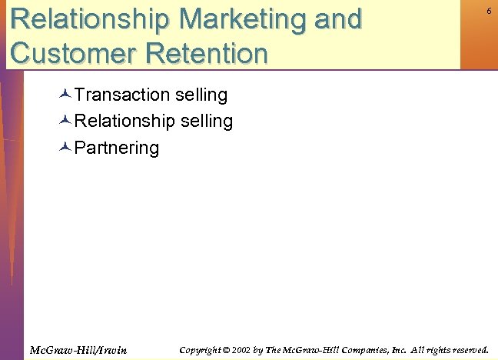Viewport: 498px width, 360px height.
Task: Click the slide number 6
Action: pyautogui.click(x=489, y=11)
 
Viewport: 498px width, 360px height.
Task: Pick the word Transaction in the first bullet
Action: pyautogui.click(x=122, y=95)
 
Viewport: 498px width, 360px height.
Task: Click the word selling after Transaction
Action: pyautogui.click(x=201, y=95)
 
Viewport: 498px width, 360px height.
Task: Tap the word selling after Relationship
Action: pyautogui.click(x=207, y=121)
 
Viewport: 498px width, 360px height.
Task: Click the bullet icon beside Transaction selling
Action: pyautogui.click(x=65, y=95)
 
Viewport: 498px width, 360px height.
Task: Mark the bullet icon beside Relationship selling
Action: pyautogui.click(x=65, y=121)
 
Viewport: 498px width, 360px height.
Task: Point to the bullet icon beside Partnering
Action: pyautogui.click(x=65, y=147)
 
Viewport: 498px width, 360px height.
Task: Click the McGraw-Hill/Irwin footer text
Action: pyautogui.click(x=78, y=351)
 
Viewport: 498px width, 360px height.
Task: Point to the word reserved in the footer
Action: pyautogui.click(x=467, y=350)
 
